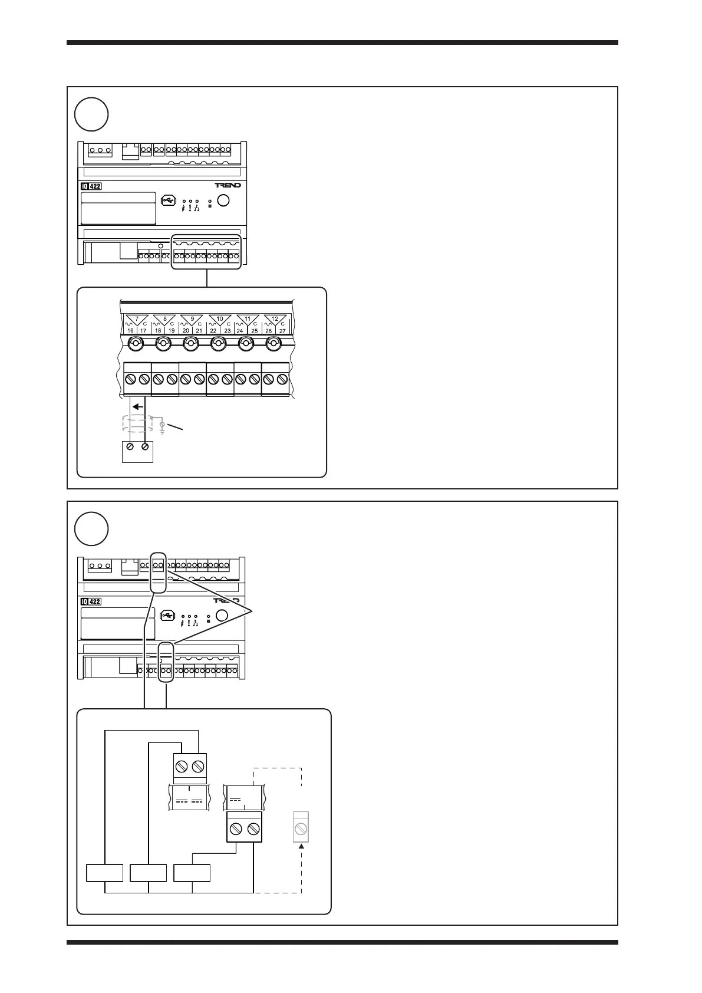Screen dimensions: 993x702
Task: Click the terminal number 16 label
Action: (130, 331)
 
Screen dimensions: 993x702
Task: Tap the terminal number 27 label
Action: (282, 331)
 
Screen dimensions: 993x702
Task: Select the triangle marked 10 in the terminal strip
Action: (220, 319)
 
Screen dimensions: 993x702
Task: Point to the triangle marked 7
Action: (137, 319)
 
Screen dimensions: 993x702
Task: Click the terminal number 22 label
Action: (213, 331)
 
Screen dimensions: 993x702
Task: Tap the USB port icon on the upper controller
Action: (168, 200)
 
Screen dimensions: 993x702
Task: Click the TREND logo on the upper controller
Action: (228, 185)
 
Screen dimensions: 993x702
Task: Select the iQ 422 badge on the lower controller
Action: (91, 602)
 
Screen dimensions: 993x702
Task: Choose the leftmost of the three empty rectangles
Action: (105, 873)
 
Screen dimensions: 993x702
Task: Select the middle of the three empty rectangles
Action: (149, 873)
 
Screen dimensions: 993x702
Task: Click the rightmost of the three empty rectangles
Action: (192, 873)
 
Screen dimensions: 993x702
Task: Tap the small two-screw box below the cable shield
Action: (137, 451)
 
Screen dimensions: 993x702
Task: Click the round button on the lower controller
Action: (222, 616)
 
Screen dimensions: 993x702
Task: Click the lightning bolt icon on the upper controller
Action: (184, 208)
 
